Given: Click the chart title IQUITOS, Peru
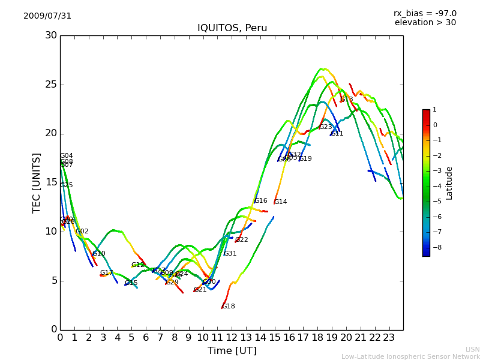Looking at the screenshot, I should coord(232,28).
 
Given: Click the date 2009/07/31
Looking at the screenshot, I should coord(47,16).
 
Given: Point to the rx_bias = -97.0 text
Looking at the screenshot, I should coord(425,13).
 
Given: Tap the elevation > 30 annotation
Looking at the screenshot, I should coord(425,23).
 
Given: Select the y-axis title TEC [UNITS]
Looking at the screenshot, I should coord(37,182).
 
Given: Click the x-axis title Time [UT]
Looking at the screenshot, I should coord(232,351).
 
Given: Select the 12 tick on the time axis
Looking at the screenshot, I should coord(232,338).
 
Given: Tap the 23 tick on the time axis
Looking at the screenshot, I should coord(389,338).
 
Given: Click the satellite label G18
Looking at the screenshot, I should coord(228,307).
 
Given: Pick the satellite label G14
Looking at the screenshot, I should coord(280,202).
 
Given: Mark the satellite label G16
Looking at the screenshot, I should coord(260,201).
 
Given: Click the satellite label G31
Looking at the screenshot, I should coord(230,254).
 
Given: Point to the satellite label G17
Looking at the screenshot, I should coord(106,273).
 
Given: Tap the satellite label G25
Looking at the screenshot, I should coord(66,185).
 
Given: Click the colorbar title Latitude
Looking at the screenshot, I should coord(449,183).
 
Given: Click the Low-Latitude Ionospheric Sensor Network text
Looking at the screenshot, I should coord(410,357).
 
